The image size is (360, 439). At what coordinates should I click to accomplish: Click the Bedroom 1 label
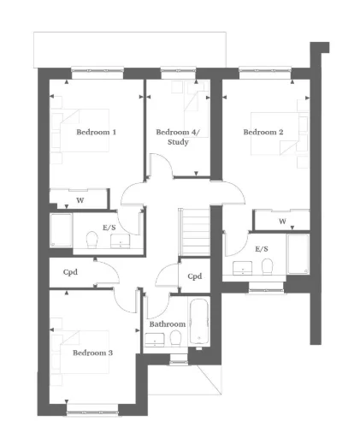[96, 133]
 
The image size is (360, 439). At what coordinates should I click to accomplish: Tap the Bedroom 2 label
[263, 133]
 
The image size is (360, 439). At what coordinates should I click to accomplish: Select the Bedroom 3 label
[92, 353]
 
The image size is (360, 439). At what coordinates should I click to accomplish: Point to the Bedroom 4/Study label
[172, 137]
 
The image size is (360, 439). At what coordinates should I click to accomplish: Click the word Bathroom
[167, 325]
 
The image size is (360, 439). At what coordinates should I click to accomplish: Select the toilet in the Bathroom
[175, 340]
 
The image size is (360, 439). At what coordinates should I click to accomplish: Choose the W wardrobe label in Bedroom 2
[282, 222]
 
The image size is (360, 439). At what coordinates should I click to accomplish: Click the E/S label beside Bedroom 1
[109, 228]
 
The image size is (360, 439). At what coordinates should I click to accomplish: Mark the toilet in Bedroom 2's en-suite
[267, 265]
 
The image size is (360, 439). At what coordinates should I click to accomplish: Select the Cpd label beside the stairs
[194, 276]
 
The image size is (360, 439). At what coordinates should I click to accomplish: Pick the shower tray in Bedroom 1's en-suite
[61, 232]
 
